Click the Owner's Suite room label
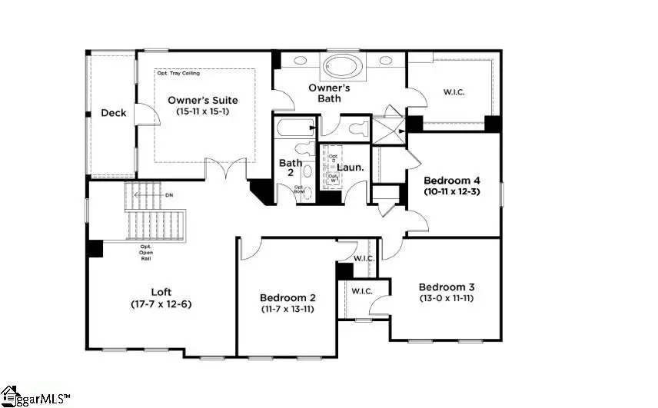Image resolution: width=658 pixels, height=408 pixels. pyautogui.click(x=203, y=100)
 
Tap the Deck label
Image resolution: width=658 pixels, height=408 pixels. pyautogui.click(x=114, y=113)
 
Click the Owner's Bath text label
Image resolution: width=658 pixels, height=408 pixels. pyautogui.click(x=330, y=93)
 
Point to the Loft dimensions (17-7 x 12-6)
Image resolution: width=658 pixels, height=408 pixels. pyautogui.click(x=161, y=304)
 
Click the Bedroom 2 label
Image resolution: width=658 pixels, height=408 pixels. pyautogui.click(x=287, y=297)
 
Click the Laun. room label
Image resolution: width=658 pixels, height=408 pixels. pyautogui.click(x=351, y=167)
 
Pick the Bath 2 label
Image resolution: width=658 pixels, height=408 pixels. pyautogui.click(x=291, y=168)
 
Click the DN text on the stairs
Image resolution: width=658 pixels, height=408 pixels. pyautogui.click(x=169, y=195)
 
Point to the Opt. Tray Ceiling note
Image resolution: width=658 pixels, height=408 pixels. pyautogui.click(x=178, y=74)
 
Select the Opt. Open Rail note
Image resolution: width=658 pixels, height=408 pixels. pyautogui.click(x=145, y=252)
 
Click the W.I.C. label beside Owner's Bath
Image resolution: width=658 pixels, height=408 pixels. pyautogui.click(x=454, y=92)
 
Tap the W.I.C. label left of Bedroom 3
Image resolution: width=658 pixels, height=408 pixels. pyautogui.click(x=362, y=291)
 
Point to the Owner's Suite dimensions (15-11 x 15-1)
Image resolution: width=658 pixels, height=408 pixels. pyautogui.click(x=203, y=112)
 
